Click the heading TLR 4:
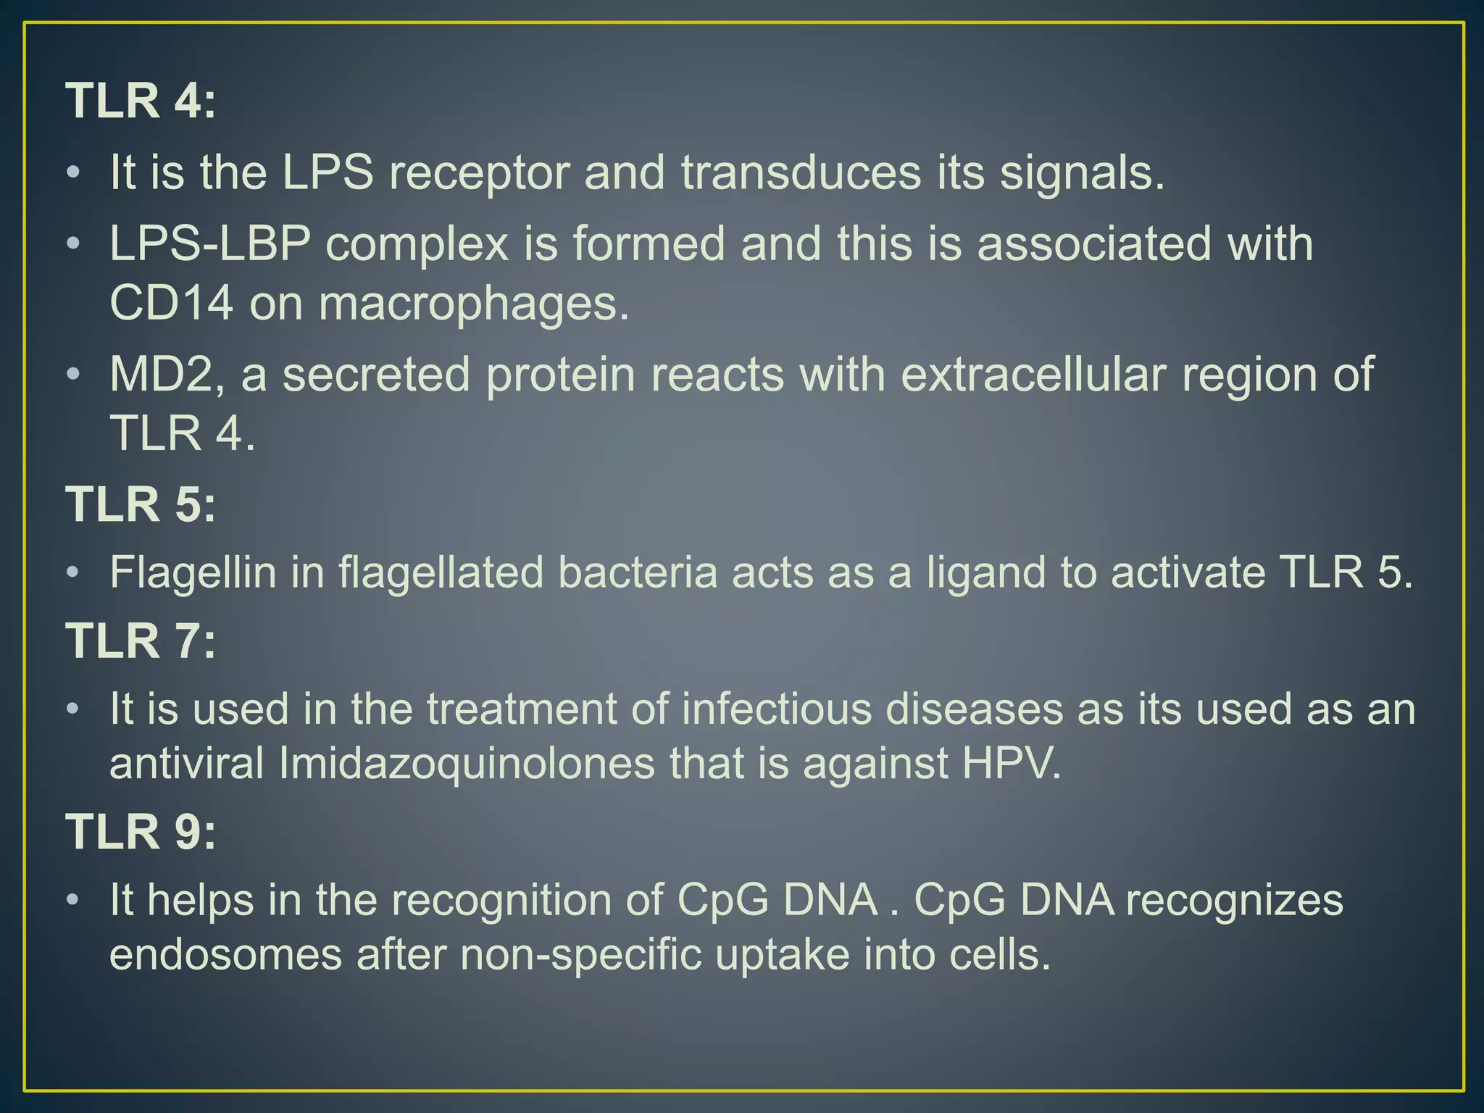pos(141,101)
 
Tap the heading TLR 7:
pos(141,641)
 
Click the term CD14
pos(171,303)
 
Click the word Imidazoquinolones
pos(466,764)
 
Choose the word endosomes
pos(225,955)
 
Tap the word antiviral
pos(186,764)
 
